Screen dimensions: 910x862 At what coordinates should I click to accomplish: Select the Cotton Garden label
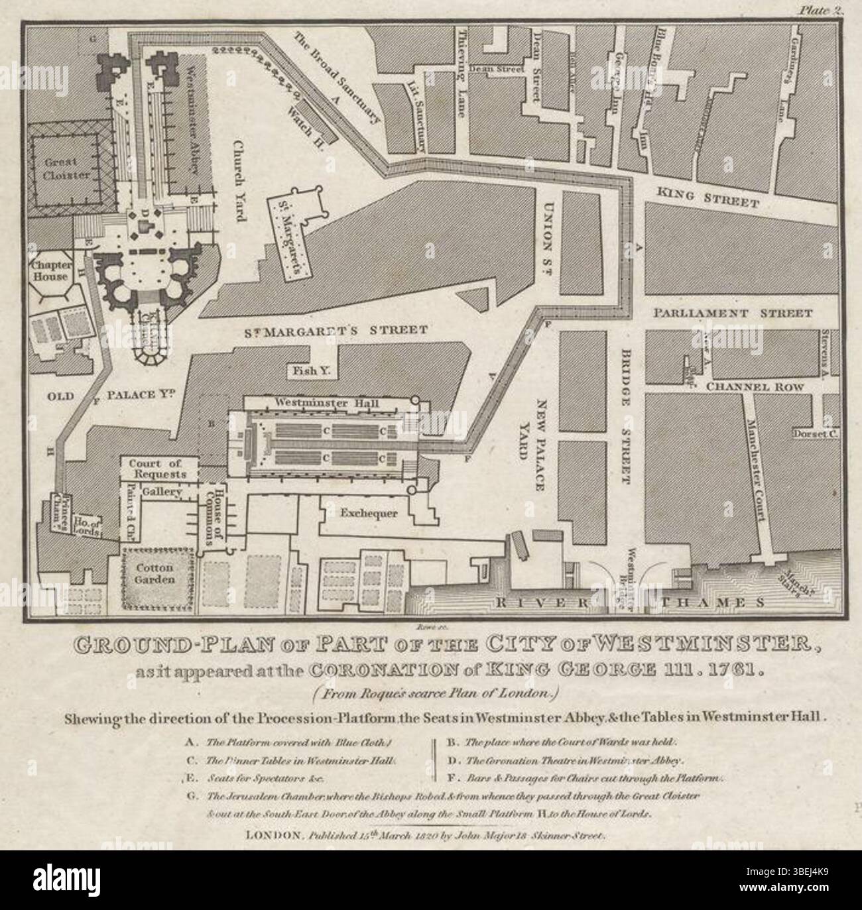156,573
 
